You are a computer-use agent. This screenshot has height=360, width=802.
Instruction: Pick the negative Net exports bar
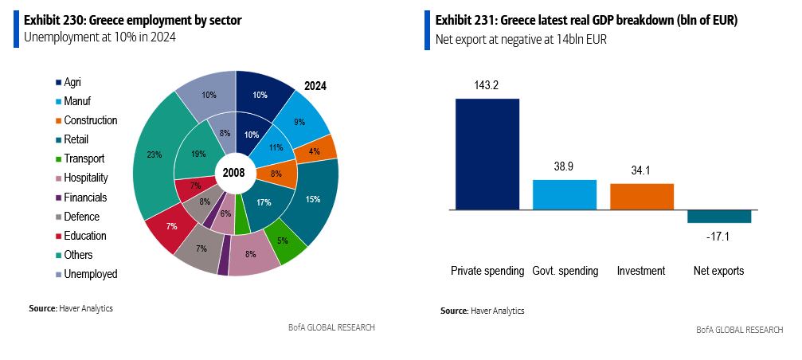719,217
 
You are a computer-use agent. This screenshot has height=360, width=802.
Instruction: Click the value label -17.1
719,237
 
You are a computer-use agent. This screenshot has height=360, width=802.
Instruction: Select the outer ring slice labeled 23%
154,155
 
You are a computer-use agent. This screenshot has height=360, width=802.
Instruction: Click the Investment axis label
641,271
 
